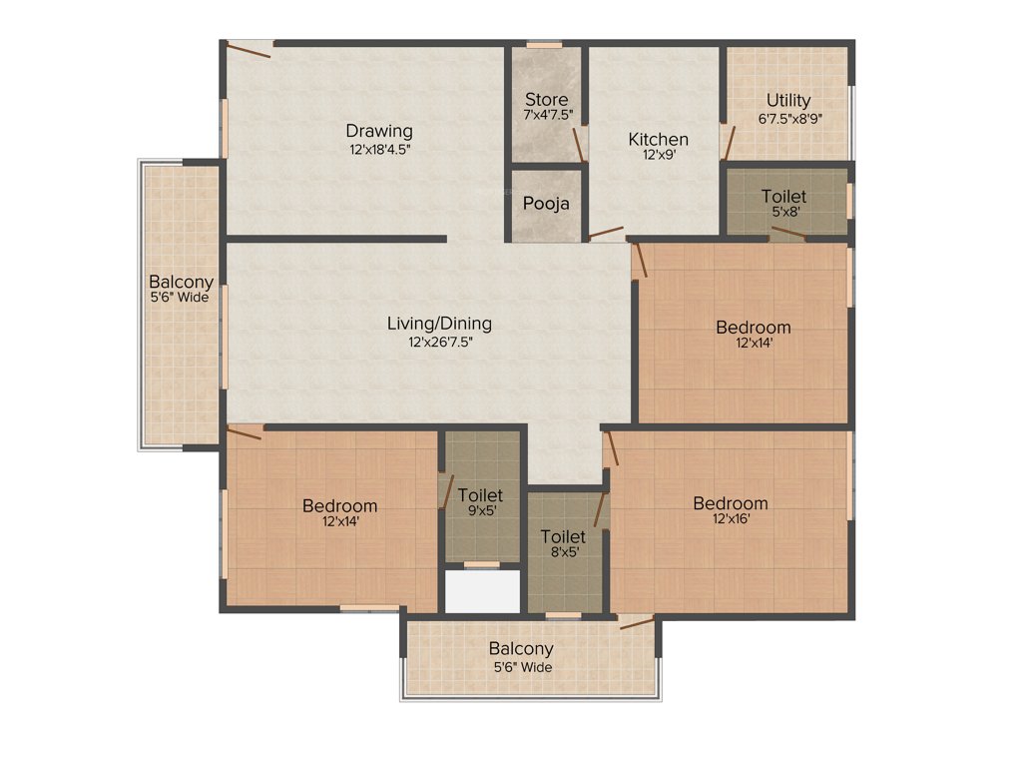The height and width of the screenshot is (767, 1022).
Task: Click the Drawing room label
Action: (379, 131)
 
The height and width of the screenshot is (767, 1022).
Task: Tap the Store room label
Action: (547, 100)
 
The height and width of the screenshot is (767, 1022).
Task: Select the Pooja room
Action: (547, 204)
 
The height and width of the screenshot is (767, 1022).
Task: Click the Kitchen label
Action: (658, 139)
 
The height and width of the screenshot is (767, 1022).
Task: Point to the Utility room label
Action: (788, 101)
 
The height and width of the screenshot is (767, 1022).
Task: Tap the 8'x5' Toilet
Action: (564, 543)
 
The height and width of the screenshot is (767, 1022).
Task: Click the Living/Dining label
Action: (439, 324)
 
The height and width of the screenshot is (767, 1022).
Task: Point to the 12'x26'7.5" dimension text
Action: (439, 342)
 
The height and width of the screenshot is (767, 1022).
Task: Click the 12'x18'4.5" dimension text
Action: (379, 149)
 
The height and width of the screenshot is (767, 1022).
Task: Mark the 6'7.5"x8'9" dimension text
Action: (788, 118)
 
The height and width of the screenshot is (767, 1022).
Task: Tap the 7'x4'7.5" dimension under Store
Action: (547, 116)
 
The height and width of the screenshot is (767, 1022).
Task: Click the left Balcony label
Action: (181, 282)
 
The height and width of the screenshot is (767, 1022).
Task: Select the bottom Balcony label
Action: (521, 649)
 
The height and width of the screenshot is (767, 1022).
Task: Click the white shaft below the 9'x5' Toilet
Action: (482, 591)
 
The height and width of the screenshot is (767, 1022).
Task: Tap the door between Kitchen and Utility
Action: (728, 145)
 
